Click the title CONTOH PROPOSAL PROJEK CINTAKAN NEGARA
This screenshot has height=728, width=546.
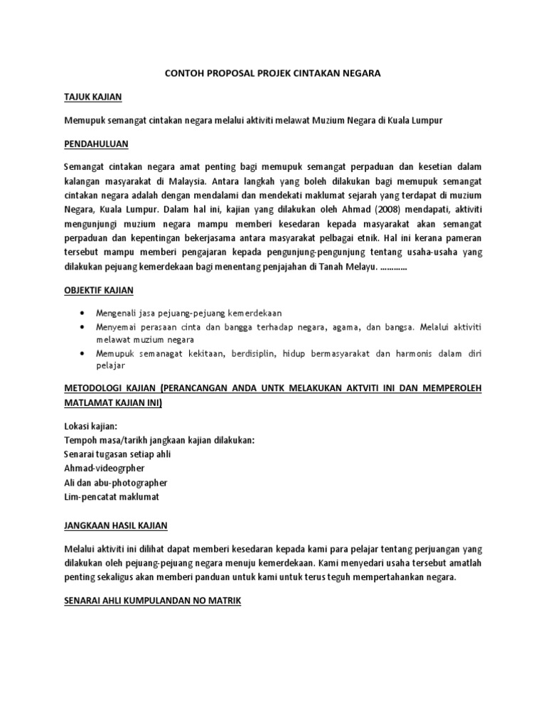(x=272, y=73)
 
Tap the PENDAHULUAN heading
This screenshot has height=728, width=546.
(x=96, y=144)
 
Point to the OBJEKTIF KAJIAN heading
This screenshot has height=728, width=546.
(x=99, y=291)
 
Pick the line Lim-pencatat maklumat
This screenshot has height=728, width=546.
(x=112, y=496)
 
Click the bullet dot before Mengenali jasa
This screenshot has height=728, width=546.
(x=84, y=313)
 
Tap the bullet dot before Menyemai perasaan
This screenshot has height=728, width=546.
(x=84, y=327)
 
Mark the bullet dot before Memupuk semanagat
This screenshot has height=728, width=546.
(x=84, y=353)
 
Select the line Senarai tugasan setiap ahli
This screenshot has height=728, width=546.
(x=117, y=454)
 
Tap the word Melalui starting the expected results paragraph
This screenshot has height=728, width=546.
(x=80, y=549)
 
